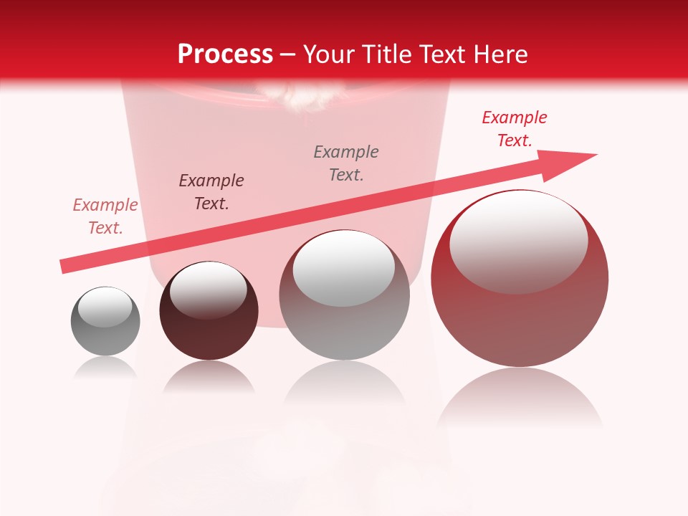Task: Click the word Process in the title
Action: click(x=225, y=54)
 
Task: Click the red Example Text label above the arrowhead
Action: click(x=515, y=129)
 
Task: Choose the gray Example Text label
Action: click(x=346, y=163)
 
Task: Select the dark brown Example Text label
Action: click(x=211, y=191)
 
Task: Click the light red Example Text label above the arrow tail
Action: click(x=105, y=216)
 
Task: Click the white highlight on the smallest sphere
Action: click(x=105, y=307)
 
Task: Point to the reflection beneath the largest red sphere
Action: click(x=520, y=398)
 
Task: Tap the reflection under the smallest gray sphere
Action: click(x=105, y=368)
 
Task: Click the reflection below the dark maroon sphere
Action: click(x=209, y=376)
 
